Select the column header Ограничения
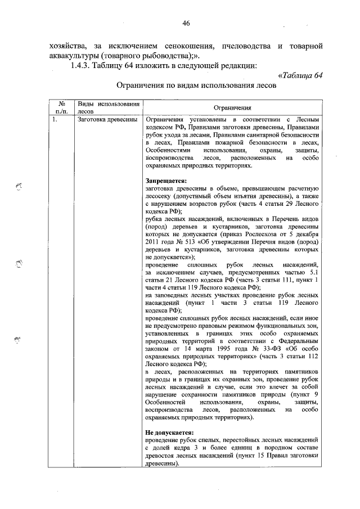[232, 108]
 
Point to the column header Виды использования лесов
[108, 108]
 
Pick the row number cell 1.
[54, 120]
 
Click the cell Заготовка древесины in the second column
[107, 120]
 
